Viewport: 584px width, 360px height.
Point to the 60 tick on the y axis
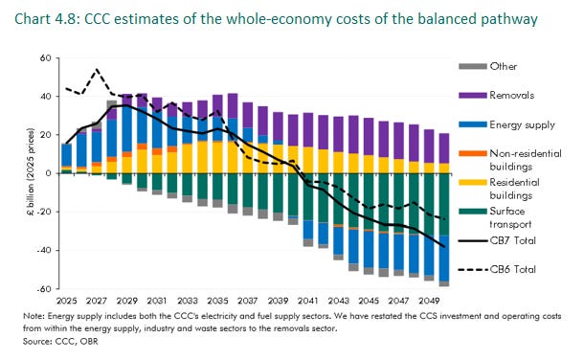[x=44, y=58]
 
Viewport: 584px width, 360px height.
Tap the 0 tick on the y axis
[x=47, y=173]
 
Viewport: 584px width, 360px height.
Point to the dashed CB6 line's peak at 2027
[x=97, y=70]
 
